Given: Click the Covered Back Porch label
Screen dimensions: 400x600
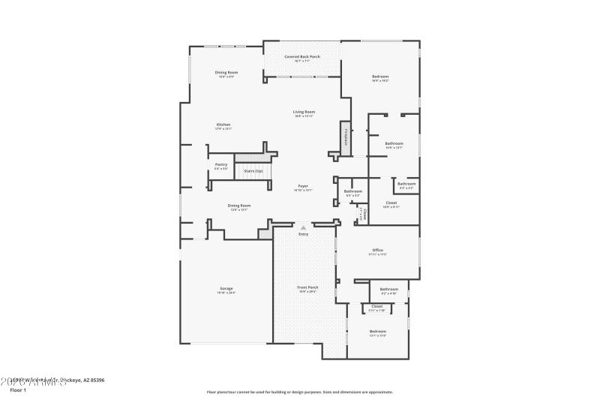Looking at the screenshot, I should pos(302,57).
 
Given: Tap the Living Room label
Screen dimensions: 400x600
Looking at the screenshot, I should pos(304,112).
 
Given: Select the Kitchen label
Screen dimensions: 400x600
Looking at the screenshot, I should pos(223,125).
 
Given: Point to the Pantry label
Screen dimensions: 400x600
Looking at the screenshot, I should pos(221,164).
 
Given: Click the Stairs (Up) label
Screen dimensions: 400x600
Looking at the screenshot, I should pos(253,171).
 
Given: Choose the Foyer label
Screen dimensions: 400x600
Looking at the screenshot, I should pos(303,186).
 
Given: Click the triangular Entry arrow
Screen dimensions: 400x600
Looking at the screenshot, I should pos(303,226).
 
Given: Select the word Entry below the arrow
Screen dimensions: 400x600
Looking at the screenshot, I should pos(303,234).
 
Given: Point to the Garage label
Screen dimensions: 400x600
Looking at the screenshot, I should pos(226,288).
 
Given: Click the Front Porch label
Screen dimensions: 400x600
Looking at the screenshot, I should pos(308,287).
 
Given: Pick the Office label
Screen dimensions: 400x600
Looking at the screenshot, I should pos(378,250).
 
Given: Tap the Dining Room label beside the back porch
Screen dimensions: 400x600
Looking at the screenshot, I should pos(226,72).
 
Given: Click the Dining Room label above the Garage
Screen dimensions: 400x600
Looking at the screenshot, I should pos(239,205).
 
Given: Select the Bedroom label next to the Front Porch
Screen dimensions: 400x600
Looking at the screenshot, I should pos(377,331).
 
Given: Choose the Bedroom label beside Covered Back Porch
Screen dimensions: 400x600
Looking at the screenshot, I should pos(380,77).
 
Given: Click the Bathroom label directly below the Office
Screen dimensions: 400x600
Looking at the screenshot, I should pos(388,289).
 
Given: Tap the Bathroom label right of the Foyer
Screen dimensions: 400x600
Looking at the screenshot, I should pos(352,191).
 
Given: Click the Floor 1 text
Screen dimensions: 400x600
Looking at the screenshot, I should pos(18,390).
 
